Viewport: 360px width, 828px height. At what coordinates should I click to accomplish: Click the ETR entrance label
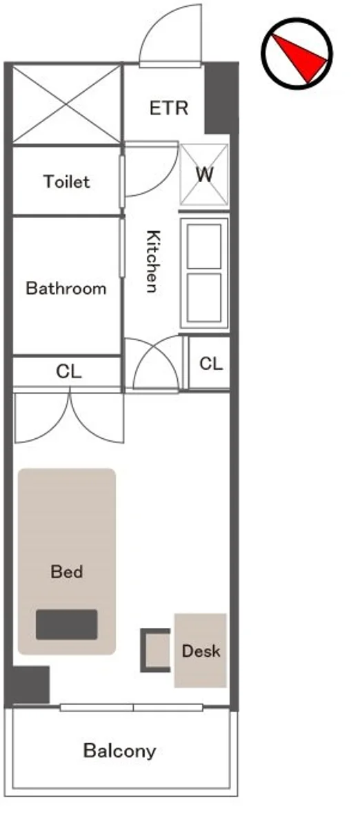pos(169,108)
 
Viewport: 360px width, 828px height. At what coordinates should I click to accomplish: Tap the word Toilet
pos(67,181)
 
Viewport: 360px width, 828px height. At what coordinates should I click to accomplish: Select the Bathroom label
pos(66,288)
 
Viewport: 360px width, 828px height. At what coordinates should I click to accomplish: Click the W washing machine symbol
pos(204,175)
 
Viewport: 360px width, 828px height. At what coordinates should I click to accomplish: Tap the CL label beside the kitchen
pos(211,364)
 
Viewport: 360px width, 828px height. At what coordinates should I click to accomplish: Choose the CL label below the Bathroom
pos(69,371)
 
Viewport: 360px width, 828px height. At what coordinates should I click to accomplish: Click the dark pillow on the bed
pos(66,624)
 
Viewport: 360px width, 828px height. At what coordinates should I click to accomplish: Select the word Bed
pos(66,571)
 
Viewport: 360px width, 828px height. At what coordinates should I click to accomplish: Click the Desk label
pos(201,651)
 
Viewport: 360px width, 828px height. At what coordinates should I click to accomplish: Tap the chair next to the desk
pos(155,650)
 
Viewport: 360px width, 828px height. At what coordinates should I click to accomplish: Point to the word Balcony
pos(119,751)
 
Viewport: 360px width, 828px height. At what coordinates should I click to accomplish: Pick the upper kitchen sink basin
pos(204,246)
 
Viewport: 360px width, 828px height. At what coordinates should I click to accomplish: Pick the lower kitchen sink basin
pos(204,298)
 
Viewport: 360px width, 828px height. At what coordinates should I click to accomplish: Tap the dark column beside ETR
pos(221,98)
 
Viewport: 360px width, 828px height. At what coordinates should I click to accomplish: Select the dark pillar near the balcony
pos(31,685)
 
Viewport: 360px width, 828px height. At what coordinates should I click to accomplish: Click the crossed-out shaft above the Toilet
pos(67,104)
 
